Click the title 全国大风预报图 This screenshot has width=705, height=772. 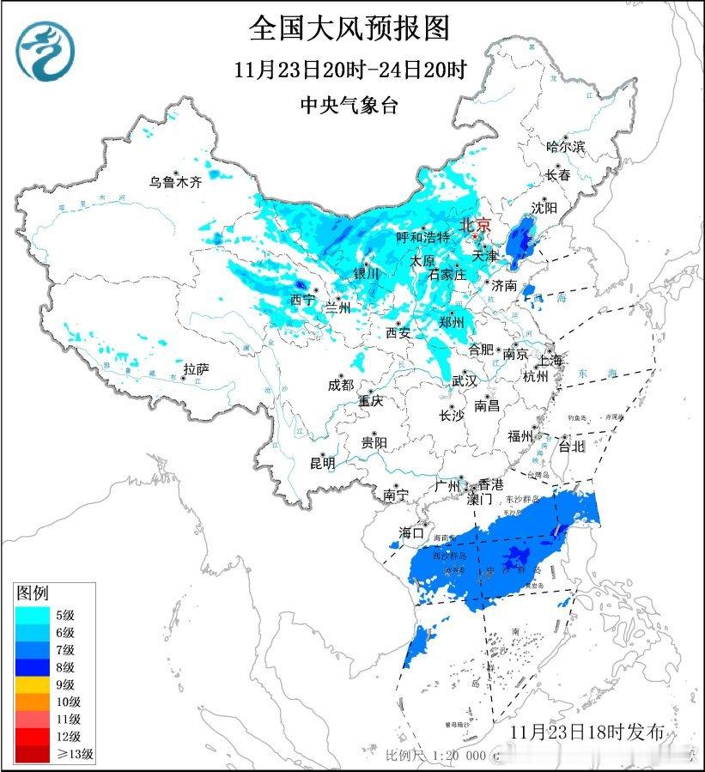tap(349, 28)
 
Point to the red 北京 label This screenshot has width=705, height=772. tap(477, 224)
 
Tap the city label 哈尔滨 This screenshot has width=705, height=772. tap(565, 147)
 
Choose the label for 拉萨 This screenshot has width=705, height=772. tap(196, 369)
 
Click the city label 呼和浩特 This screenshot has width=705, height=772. tap(422, 236)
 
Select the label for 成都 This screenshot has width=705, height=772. tap(340, 386)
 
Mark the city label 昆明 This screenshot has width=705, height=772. tap(323, 463)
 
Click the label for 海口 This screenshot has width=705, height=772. tap(411, 532)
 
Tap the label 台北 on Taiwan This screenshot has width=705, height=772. tap(571, 447)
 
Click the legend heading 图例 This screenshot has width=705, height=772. tap(33, 593)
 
